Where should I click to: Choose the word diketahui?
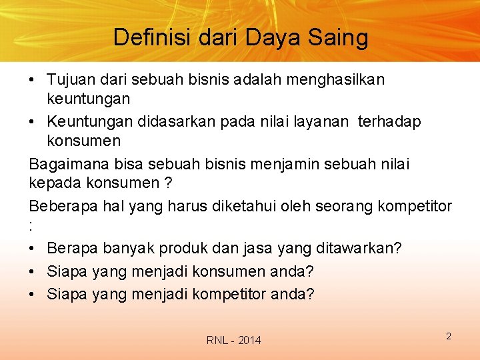[x=253, y=207]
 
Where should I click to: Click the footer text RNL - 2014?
[x=234, y=341]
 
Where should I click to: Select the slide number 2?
[x=449, y=336]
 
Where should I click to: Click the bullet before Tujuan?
[x=33, y=80]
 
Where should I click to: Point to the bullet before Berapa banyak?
[x=33, y=249]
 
